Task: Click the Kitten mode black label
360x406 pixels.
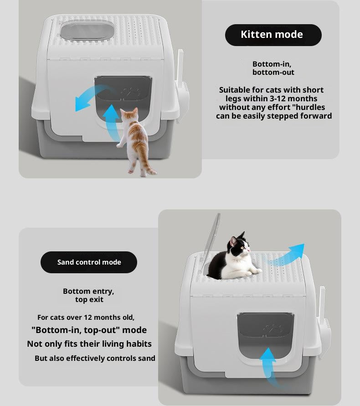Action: click(273, 35)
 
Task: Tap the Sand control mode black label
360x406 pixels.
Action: click(89, 262)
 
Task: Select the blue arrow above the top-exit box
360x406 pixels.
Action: click(287, 255)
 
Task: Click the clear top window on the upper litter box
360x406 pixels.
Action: click(87, 31)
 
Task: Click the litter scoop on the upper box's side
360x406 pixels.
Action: click(183, 87)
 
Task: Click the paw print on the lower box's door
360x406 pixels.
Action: click(273, 328)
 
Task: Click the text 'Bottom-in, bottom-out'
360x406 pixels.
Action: click(273, 68)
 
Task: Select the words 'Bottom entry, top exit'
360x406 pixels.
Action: click(89, 295)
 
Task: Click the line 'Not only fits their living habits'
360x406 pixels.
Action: click(89, 344)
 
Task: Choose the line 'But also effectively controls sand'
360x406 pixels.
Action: click(95, 358)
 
